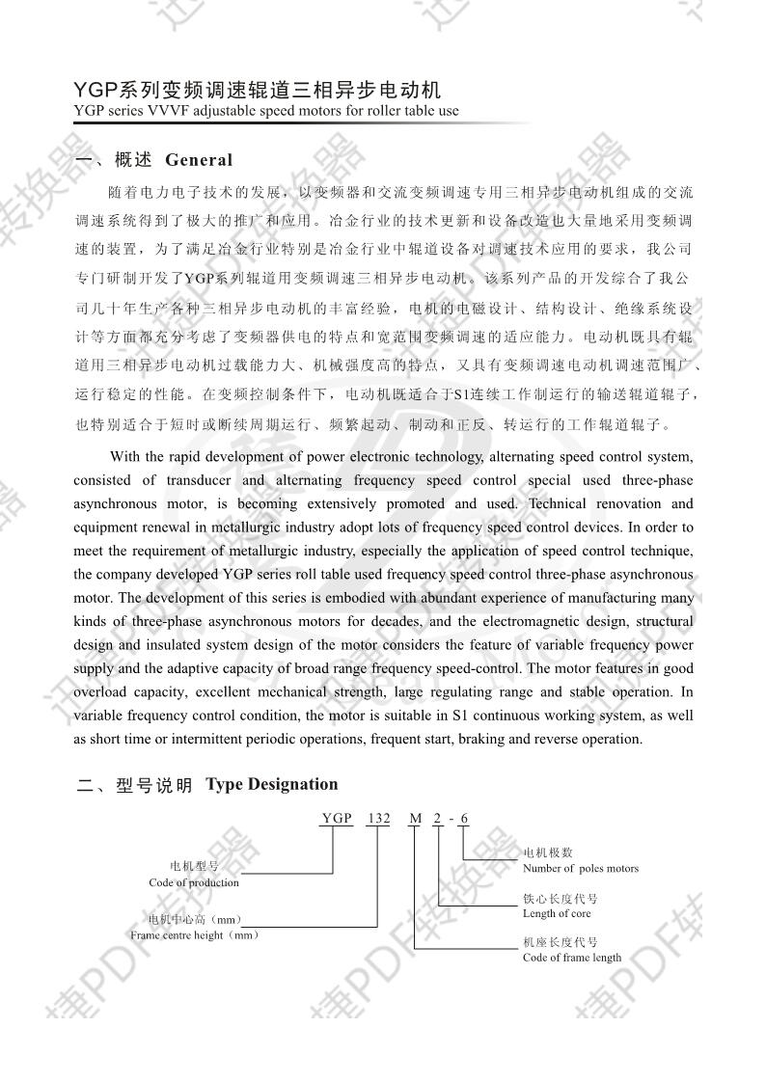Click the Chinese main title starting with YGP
click(258, 91)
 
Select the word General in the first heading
click(199, 160)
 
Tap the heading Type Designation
click(272, 784)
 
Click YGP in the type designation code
click(337, 819)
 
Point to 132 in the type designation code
click(378, 819)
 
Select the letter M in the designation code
click(416, 819)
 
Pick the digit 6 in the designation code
click(464, 819)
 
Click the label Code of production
click(194, 882)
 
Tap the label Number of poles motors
click(580, 868)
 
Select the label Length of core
click(557, 913)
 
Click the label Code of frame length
click(572, 958)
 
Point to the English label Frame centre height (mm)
click(194, 935)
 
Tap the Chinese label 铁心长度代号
click(560, 898)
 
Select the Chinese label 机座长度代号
click(560, 942)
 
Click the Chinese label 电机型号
click(194, 867)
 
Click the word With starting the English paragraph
click(124, 457)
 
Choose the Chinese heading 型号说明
click(154, 786)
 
